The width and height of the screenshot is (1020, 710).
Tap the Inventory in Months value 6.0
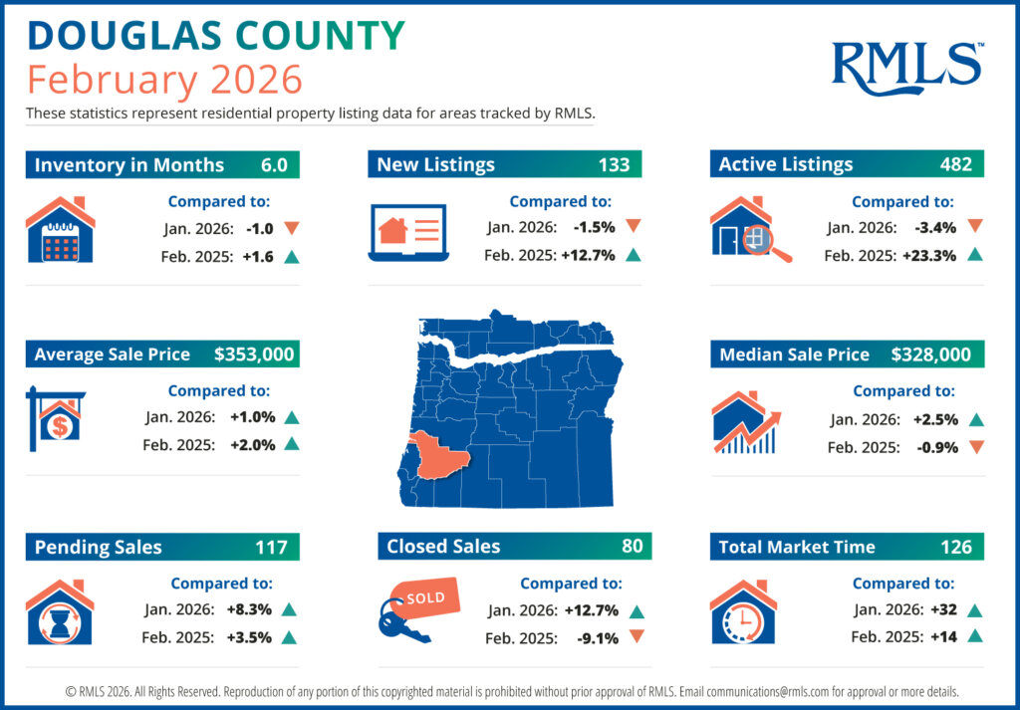click(274, 164)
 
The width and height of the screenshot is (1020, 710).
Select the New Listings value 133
click(614, 164)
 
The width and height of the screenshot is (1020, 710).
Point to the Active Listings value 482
click(955, 164)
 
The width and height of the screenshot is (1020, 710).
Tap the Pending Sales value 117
click(271, 547)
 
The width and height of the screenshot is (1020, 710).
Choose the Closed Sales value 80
click(633, 546)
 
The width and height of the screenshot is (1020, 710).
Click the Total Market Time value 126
click(955, 547)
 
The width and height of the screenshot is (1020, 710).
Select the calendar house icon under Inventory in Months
click(60, 230)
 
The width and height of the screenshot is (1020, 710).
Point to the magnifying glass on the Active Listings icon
click(766, 242)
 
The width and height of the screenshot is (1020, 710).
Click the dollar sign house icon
click(58, 419)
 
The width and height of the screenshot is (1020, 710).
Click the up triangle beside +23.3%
click(974, 255)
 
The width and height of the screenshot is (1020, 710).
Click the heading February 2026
click(163, 78)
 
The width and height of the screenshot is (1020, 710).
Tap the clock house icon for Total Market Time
click(742, 612)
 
